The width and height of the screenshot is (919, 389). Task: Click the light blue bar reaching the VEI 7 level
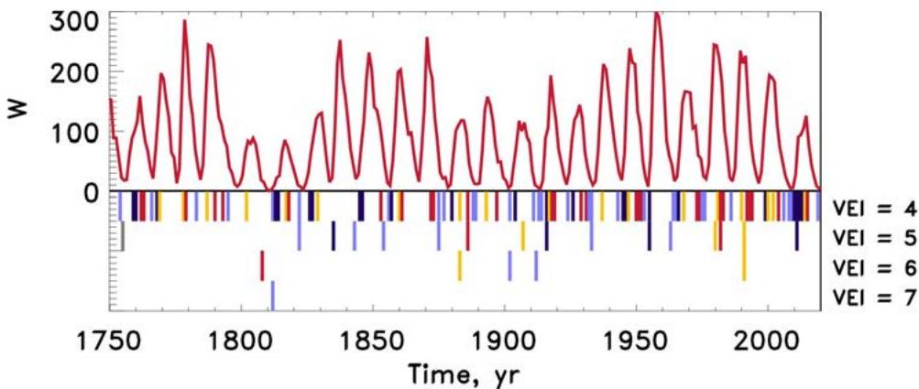click(x=272, y=296)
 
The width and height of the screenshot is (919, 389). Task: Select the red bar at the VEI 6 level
click(x=262, y=265)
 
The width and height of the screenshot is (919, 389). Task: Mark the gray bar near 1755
click(x=122, y=237)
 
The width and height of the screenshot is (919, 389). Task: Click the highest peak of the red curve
click(x=656, y=14)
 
